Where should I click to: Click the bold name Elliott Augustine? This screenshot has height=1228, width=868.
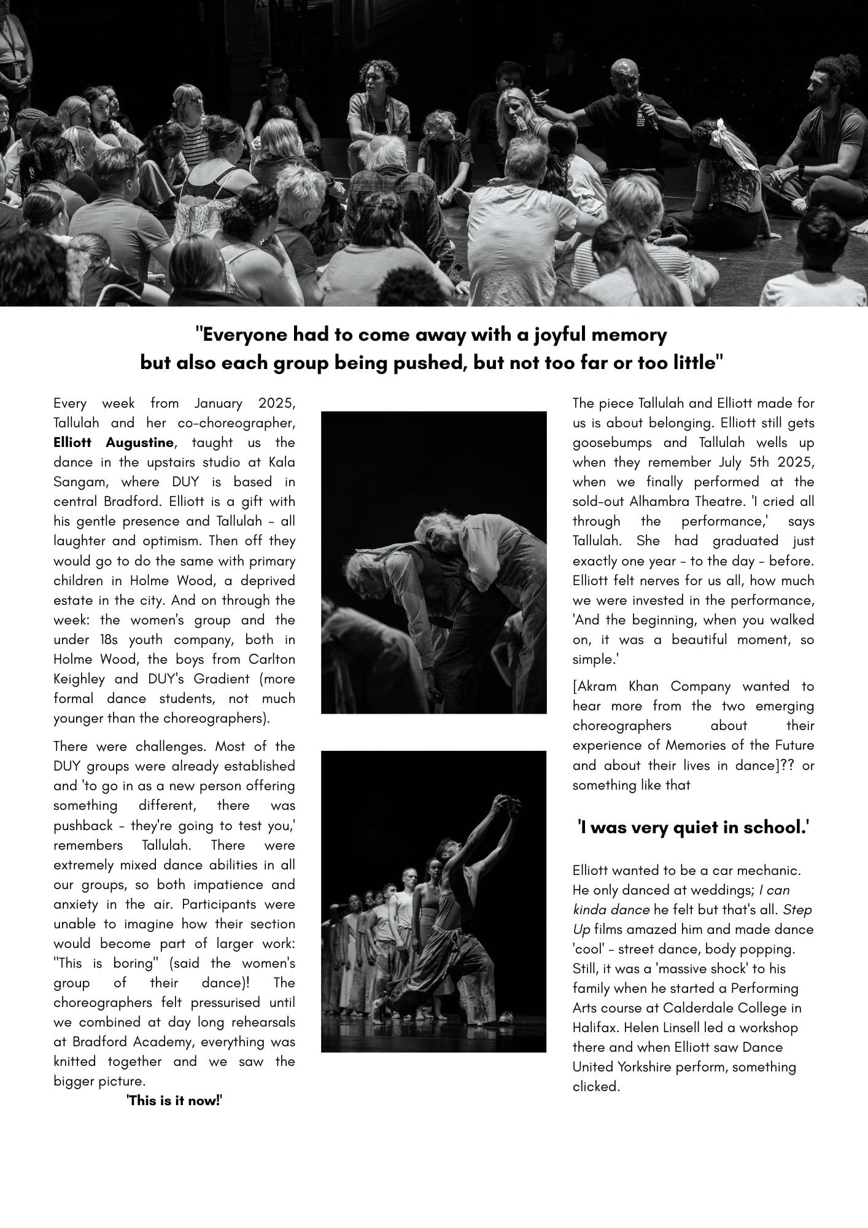click(114, 443)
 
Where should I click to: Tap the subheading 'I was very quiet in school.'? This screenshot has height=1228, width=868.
click(693, 828)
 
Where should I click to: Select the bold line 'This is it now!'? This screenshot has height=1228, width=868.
click(174, 1100)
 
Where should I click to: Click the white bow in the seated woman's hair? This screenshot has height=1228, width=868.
click(724, 141)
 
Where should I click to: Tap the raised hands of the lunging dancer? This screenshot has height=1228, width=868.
click(507, 804)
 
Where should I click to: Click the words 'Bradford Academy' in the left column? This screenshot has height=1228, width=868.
click(119, 1042)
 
